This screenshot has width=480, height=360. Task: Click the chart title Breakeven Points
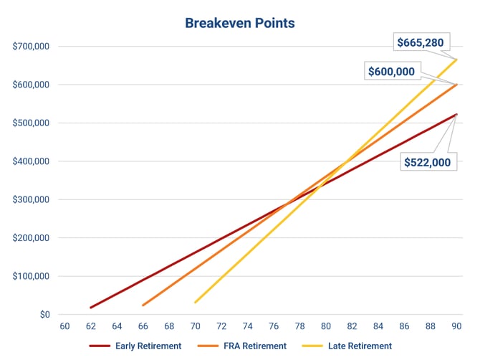pos(239,23)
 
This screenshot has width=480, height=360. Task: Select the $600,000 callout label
pos(391,71)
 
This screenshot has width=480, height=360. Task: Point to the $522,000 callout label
pos(427,162)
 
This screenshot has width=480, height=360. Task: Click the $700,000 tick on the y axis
pos(31,47)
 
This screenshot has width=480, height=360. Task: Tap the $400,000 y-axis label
pos(31,161)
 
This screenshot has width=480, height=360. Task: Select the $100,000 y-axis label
pos(31,276)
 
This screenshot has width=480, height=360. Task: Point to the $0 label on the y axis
pos(44,314)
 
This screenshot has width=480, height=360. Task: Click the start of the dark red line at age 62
pos(91,308)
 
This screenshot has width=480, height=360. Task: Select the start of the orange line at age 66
pos(143,305)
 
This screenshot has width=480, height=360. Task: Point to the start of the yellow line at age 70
pos(196,302)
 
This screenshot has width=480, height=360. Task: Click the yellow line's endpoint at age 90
pos(456,60)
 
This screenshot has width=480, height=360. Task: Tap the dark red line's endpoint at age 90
pos(456,114)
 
